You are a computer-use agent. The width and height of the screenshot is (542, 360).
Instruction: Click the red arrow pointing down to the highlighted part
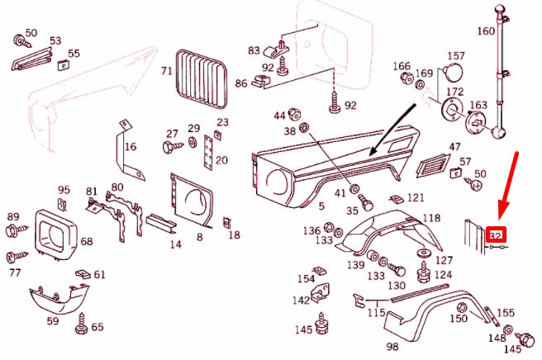(509, 185)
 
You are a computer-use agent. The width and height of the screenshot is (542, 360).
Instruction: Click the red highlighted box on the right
(497, 235)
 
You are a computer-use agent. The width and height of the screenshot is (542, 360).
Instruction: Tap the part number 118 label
(431, 217)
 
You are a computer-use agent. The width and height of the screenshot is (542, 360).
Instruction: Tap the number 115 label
(376, 313)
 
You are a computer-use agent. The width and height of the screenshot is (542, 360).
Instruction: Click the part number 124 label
(443, 274)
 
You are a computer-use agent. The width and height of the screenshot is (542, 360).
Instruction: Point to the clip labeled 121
(396, 199)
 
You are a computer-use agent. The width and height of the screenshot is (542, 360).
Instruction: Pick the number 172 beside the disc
(454, 91)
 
